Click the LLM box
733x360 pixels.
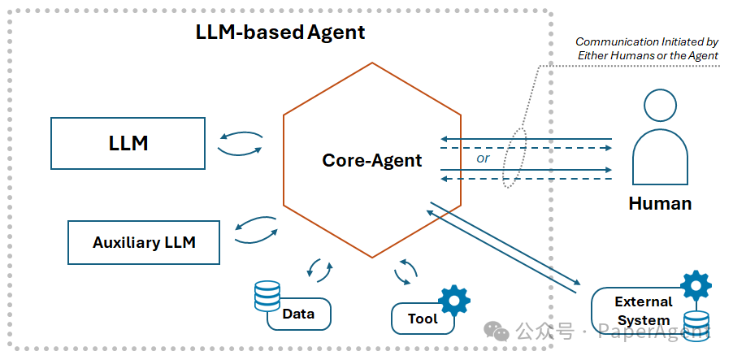(128, 143)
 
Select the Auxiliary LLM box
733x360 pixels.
(144, 242)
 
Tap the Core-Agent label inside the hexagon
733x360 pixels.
(372, 160)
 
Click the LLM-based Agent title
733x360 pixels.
(280, 33)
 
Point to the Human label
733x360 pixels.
(660, 203)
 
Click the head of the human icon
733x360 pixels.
(660, 106)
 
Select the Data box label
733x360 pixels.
(298, 313)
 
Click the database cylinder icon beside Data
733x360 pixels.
(267, 296)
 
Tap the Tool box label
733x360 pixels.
(423, 319)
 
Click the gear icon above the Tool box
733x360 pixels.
(453, 301)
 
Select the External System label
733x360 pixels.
(644, 310)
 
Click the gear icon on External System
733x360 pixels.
(696, 285)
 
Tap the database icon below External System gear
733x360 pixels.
(696, 323)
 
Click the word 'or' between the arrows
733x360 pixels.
(484, 158)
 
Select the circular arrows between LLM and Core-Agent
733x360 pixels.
(241, 144)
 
